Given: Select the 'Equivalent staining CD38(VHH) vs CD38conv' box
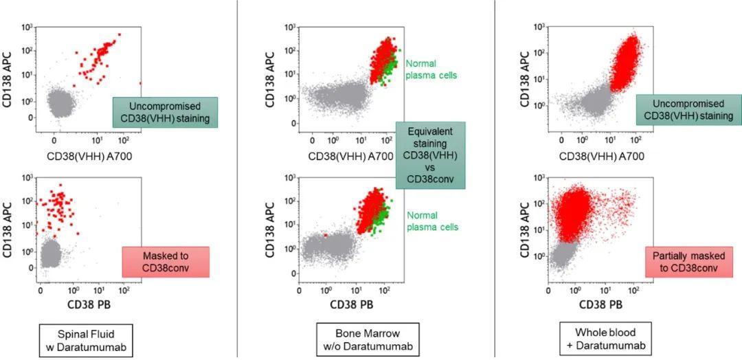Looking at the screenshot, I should pos(430,155).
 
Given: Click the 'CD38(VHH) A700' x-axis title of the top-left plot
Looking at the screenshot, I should pos(91,156).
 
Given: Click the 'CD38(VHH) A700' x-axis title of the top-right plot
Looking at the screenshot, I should pos(603,156).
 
